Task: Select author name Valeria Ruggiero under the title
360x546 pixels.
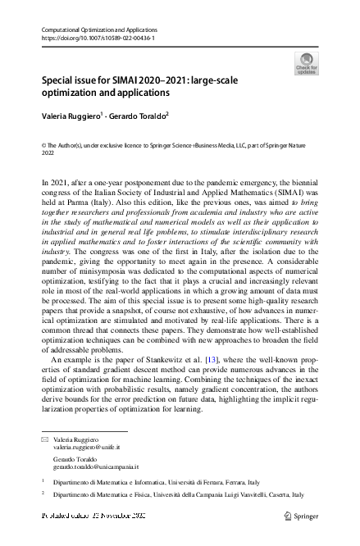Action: click(71, 116)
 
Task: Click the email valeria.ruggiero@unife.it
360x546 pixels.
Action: click(87, 448)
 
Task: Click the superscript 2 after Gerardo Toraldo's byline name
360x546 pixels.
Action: click(167, 114)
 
